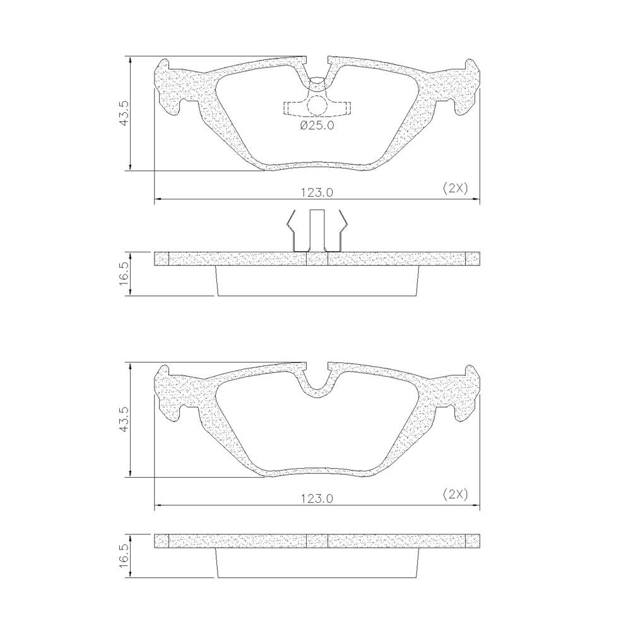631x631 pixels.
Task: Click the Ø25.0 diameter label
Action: (x=317, y=126)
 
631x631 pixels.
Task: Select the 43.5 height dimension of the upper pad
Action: (x=125, y=113)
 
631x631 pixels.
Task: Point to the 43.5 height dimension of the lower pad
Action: (x=125, y=420)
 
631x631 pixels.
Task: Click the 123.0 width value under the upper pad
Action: (x=317, y=192)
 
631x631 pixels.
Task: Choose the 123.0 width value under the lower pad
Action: (x=317, y=498)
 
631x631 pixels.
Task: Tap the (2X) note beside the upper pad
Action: (x=454, y=188)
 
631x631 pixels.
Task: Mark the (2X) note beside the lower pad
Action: (x=454, y=494)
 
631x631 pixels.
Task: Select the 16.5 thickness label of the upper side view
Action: (x=125, y=274)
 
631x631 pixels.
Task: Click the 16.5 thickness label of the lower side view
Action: (x=125, y=557)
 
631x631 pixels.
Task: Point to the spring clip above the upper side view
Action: (x=317, y=230)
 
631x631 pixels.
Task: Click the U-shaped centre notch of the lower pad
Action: (x=317, y=385)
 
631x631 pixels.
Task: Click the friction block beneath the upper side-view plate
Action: (x=317, y=281)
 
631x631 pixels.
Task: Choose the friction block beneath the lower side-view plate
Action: (x=317, y=563)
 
